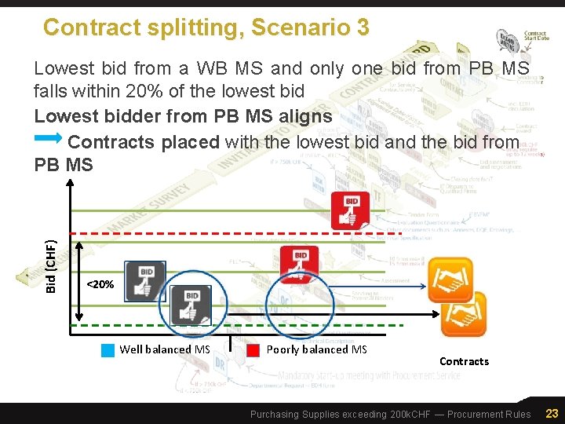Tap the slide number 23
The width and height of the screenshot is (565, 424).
pyautogui.click(x=552, y=413)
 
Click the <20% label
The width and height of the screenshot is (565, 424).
pyautogui.click(x=100, y=284)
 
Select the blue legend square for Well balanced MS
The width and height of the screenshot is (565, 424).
pyautogui.click(x=108, y=350)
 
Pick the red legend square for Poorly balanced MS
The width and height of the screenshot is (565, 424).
pyautogui.click(x=253, y=350)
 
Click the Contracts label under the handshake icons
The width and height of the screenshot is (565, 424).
pyautogui.click(x=464, y=361)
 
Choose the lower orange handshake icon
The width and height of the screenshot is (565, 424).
pyautogui.click(x=464, y=313)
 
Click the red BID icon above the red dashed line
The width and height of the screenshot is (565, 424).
pyautogui.click(x=350, y=210)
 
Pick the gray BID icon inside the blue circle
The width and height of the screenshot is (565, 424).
pyautogui.click(x=191, y=305)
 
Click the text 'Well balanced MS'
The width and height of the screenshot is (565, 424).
pyautogui.click(x=165, y=349)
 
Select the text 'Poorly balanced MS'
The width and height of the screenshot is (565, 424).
pyautogui.click(x=317, y=349)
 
